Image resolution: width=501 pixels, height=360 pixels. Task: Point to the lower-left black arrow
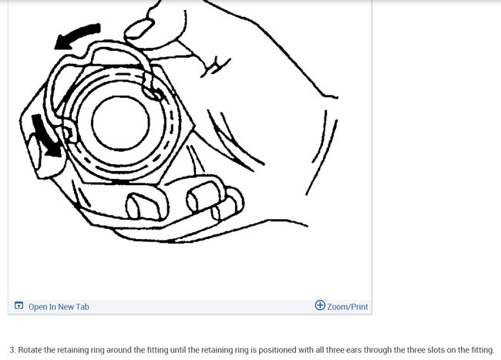[x=45, y=136]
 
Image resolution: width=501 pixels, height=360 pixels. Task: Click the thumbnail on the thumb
[x=140, y=29]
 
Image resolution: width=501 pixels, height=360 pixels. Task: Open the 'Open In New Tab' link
[x=59, y=307]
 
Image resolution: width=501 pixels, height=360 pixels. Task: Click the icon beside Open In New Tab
[x=19, y=306]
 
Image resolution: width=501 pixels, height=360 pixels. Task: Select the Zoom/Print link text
[x=348, y=307]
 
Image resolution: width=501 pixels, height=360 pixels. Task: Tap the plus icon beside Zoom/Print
[x=320, y=305]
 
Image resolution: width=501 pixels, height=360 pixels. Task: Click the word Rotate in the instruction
[x=30, y=350]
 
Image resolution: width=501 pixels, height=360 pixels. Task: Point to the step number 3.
[x=12, y=350]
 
